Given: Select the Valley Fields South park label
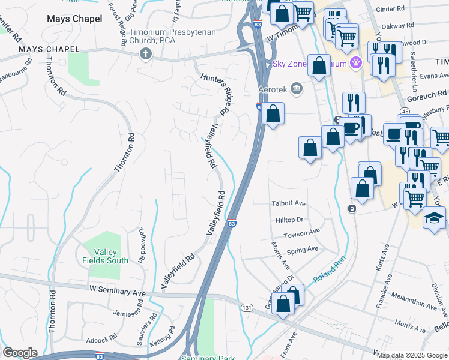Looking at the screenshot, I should click(106, 256).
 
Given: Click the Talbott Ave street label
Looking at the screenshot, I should click(288, 204).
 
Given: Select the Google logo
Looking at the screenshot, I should click(20, 353).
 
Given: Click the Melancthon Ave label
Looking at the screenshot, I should click(414, 301).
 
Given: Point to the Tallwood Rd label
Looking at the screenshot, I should click(142, 245).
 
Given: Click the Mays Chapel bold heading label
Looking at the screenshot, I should click(74, 19).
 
